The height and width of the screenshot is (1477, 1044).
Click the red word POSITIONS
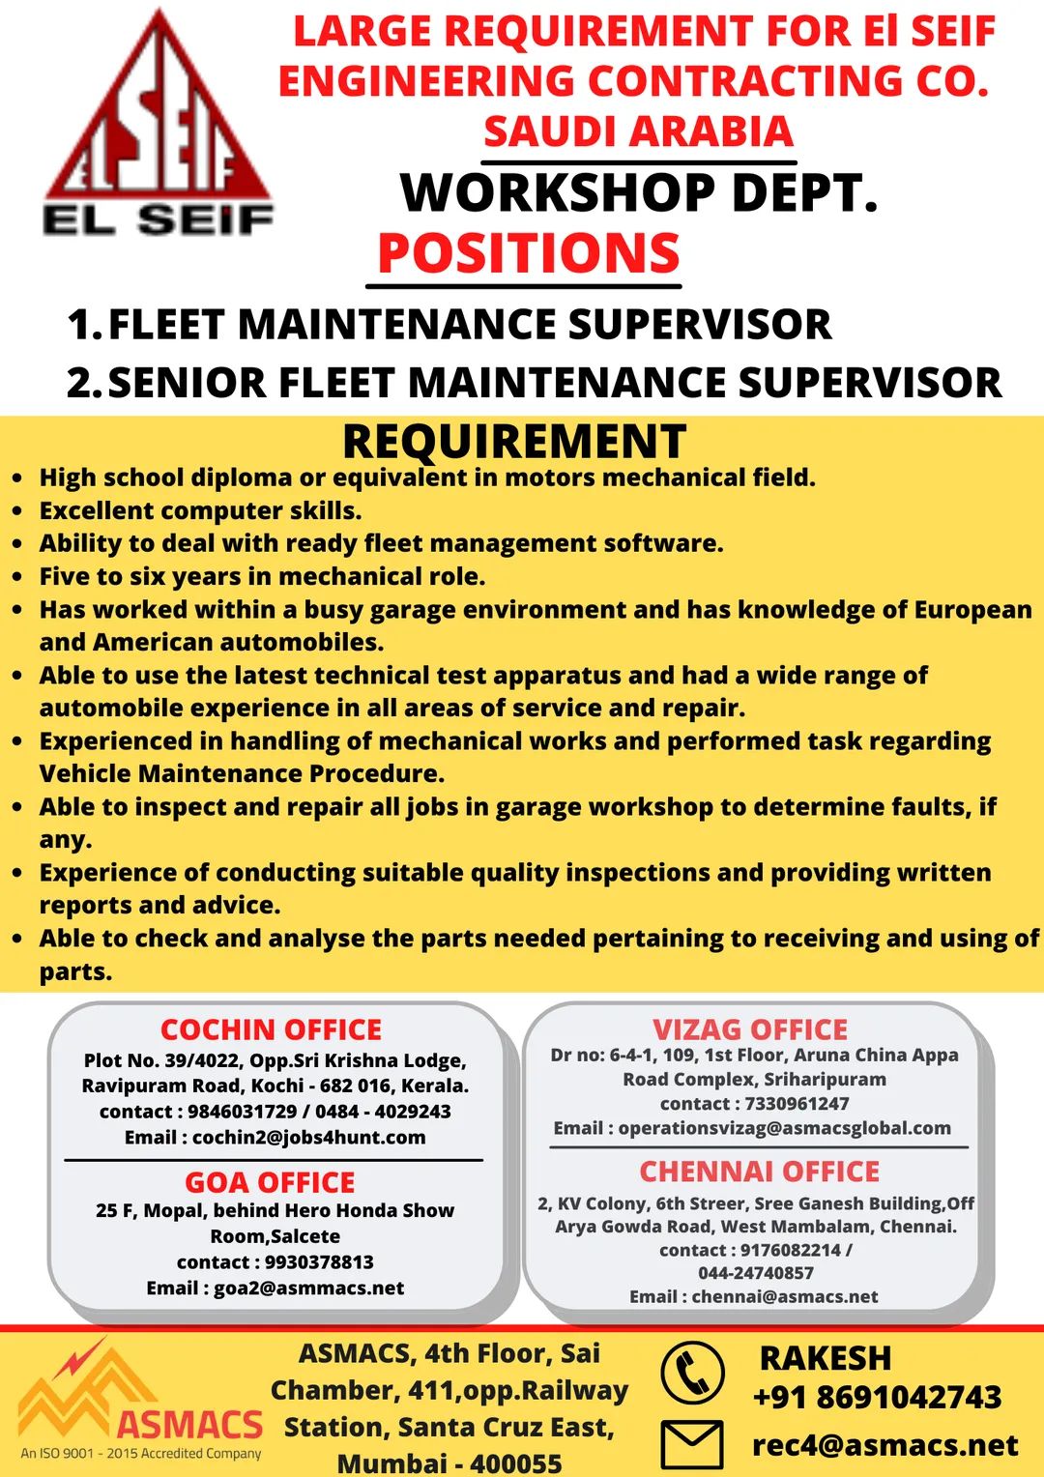[x=528, y=253]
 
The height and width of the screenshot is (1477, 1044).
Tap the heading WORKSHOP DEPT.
[x=638, y=192]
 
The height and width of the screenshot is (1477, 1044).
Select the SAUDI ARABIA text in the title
[x=638, y=131]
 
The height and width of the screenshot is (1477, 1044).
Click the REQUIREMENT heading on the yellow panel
[x=514, y=442]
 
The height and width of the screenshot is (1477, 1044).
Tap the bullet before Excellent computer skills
[x=17, y=511]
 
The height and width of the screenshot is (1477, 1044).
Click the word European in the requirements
[x=972, y=610]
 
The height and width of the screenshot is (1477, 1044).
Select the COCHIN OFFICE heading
[x=271, y=1029]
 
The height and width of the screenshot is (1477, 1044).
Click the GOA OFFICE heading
[x=270, y=1182]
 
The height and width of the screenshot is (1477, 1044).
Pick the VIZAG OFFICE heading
[x=750, y=1029]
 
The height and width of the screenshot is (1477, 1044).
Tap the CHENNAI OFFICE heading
[x=759, y=1172]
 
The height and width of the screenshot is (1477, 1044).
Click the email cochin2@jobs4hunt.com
[x=308, y=1138]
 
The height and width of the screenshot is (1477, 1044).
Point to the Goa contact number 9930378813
[x=319, y=1262]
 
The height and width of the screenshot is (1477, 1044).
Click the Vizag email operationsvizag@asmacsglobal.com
[x=784, y=1128]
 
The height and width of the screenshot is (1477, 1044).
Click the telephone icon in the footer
[x=692, y=1373]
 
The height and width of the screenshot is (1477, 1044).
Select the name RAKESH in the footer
[x=825, y=1358]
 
